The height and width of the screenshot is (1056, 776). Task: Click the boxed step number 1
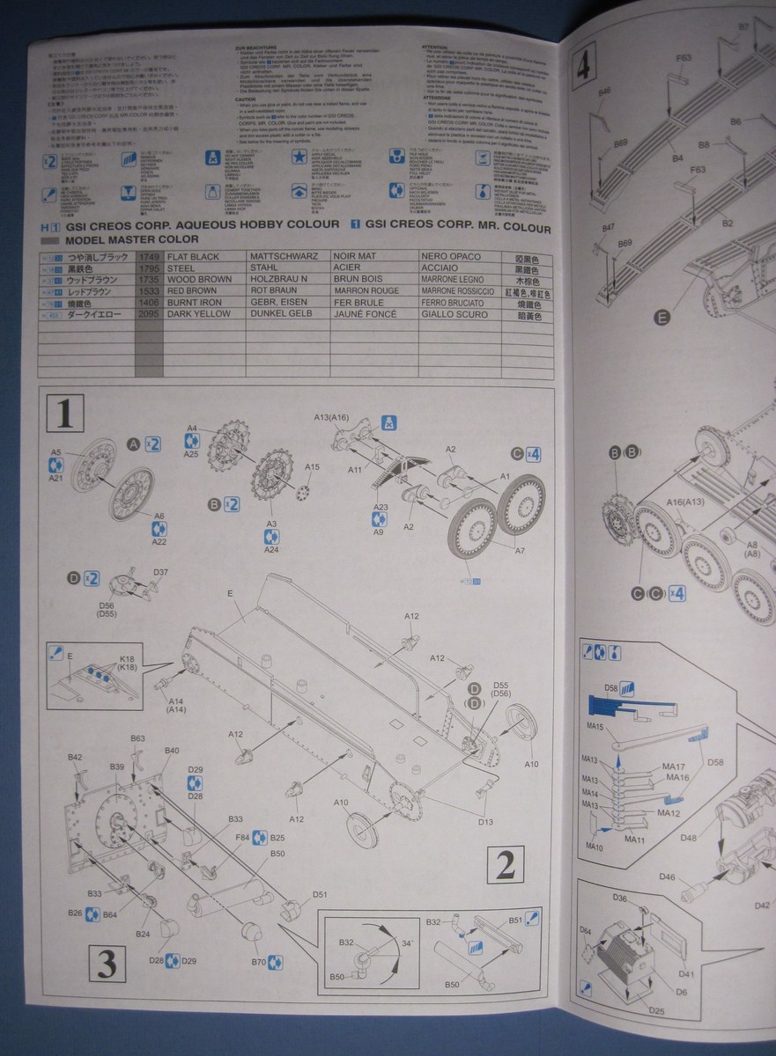tap(64, 413)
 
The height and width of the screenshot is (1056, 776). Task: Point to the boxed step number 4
tap(583, 66)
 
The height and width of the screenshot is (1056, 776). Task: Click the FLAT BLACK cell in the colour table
tap(193, 257)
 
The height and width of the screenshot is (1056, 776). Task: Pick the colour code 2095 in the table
tap(149, 314)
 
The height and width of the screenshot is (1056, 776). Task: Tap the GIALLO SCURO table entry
tap(455, 314)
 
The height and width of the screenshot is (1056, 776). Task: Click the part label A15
tap(313, 466)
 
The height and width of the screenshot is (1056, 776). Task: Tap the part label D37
tap(161, 573)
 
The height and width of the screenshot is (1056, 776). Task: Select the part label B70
tap(257, 962)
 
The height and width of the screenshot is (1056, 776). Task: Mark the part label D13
tap(485, 822)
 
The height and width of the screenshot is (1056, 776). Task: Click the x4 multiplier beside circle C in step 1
tap(533, 455)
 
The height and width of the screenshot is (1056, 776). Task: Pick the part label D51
tap(319, 895)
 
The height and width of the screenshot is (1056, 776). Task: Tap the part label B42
tap(75, 757)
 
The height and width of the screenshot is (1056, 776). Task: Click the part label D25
tap(657, 1009)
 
